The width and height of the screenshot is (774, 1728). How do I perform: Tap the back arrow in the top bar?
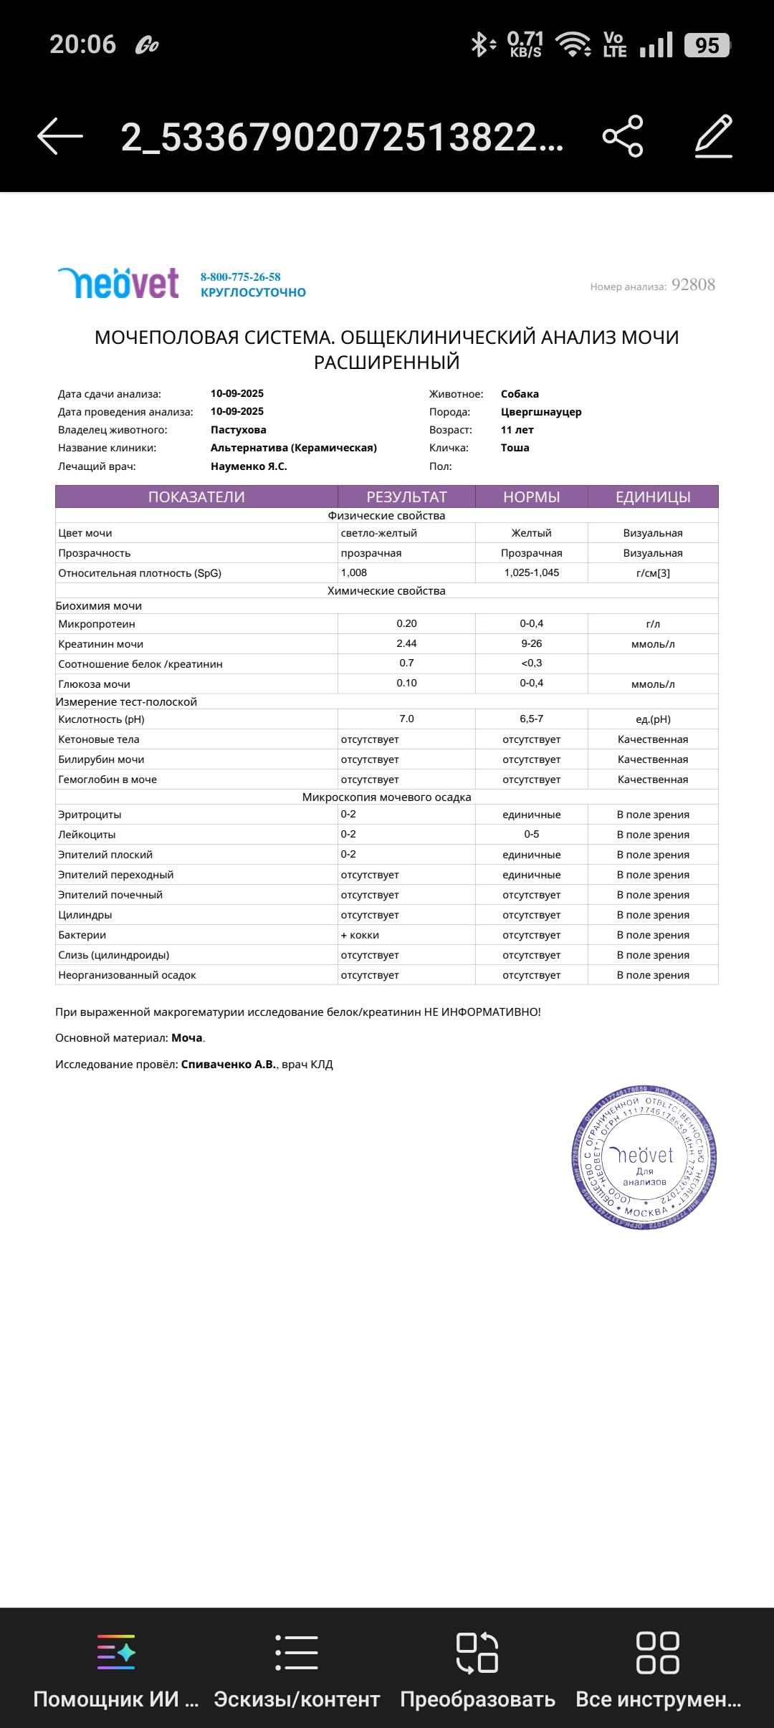[x=60, y=135]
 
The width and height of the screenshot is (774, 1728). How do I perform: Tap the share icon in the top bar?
[x=623, y=135]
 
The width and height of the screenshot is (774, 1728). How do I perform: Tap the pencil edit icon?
[x=714, y=135]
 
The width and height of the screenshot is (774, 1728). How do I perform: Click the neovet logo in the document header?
[x=118, y=283]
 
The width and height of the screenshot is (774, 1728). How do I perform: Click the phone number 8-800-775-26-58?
[x=240, y=277]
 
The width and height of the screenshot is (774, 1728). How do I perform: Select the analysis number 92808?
[x=693, y=285]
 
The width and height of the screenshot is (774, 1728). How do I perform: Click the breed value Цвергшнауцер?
[x=541, y=412]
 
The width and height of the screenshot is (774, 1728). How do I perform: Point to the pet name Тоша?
[x=515, y=448]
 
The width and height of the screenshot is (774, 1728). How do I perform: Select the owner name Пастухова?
[x=239, y=430]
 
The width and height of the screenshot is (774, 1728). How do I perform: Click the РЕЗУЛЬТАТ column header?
[x=406, y=497]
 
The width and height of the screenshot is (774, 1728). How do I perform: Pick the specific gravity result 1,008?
[x=354, y=572]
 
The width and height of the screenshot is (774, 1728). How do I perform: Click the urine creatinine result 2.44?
[x=406, y=643]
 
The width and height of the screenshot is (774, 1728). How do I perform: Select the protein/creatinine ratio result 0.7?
[x=406, y=663]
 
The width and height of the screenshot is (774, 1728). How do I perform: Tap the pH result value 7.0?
[x=406, y=719]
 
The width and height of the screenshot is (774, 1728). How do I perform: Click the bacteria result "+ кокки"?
[x=360, y=935]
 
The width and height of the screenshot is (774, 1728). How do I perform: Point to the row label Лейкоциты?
[x=87, y=835]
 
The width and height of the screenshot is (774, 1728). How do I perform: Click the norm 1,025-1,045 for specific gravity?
[x=531, y=572]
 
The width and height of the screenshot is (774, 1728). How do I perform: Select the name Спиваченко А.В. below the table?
[x=229, y=1065]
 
